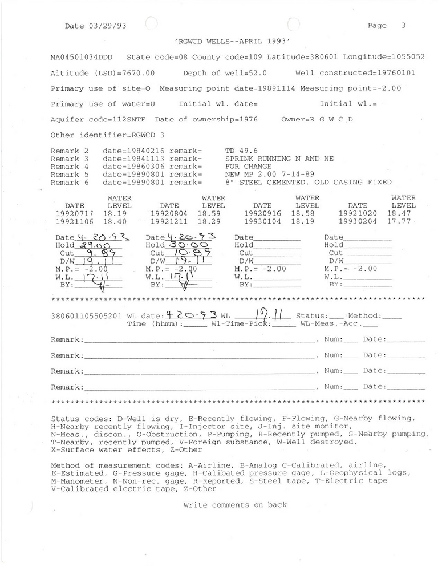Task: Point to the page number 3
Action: pyautogui.click(x=403, y=26)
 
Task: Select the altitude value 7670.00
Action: pyautogui.click(x=135, y=74)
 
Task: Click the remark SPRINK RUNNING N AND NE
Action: pyautogui.click(x=279, y=159)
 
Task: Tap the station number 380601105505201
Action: pyautogui.click(x=86, y=315)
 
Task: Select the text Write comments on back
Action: pyautogui.click(x=235, y=505)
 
